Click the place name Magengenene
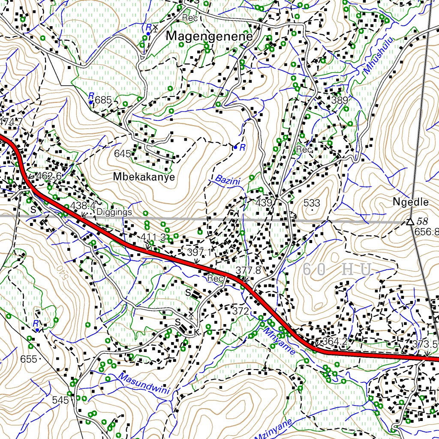point(209,36)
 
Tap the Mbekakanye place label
point(144,177)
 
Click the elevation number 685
point(103,100)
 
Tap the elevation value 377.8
point(248,270)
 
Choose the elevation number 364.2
point(334,341)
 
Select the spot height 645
point(122,153)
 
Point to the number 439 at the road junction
point(264,203)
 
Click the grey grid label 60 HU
point(337,270)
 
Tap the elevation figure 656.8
point(426,232)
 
